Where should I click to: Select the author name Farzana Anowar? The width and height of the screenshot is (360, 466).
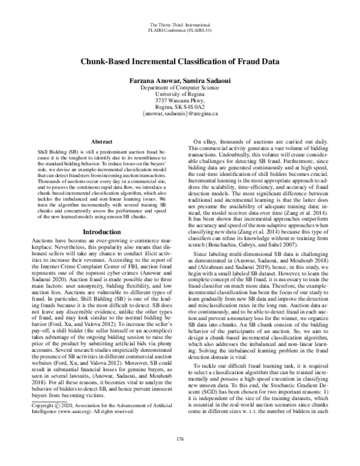click(x=147, y=79)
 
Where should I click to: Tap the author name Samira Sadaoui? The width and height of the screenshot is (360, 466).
click(x=204, y=79)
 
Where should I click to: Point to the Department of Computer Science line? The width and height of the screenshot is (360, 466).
click(x=179, y=87)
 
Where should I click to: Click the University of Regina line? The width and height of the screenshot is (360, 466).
click(x=179, y=94)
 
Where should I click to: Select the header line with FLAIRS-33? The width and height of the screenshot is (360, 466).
click(x=179, y=28)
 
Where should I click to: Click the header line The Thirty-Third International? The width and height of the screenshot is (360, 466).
click(x=179, y=23)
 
